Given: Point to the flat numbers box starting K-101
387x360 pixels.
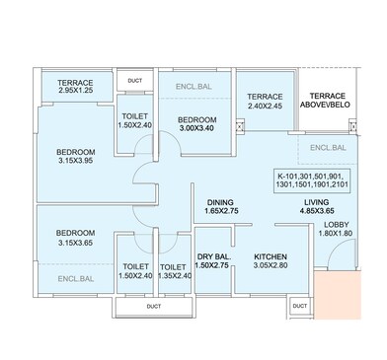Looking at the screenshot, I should point(315,184).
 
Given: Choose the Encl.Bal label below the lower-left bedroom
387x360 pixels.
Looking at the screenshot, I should point(63,280).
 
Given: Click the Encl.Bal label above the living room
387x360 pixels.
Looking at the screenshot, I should point(327,148).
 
